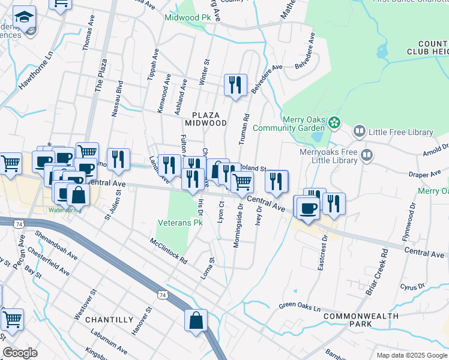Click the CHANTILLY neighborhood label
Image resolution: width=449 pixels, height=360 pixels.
pyautogui.click(x=109, y=319)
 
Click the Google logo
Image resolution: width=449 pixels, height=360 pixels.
pyautogui.click(x=20, y=353)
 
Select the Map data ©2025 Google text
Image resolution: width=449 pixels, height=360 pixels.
pyautogui.click(x=411, y=355)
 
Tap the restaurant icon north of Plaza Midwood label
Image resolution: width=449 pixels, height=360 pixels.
pyautogui.click(x=235, y=85)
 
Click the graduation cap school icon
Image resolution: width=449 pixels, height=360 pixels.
pyautogui.click(x=24, y=17)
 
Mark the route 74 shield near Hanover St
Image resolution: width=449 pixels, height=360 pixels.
pyautogui.click(x=161, y=295)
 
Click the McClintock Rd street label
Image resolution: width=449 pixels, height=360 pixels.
pyautogui.click(x=169, y=253)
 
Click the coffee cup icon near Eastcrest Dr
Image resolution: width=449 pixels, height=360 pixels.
pyautogui.click(x=308, y=208)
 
